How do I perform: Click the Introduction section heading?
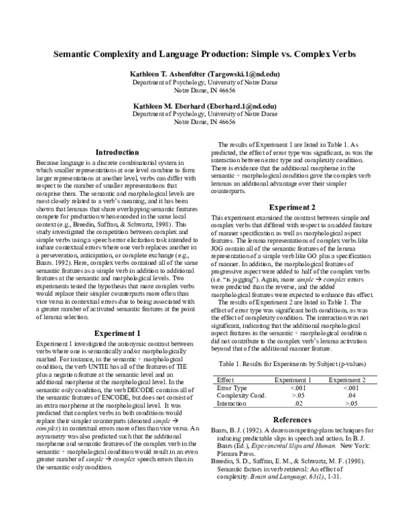[x=116, y=152]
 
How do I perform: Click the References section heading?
[x=292, y=419]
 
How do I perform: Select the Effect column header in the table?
[x=225, y=379]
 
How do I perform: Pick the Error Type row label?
[x=231, y=387]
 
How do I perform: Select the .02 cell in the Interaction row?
[x=293, y=403]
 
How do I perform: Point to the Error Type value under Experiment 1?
[x=293, y=387]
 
